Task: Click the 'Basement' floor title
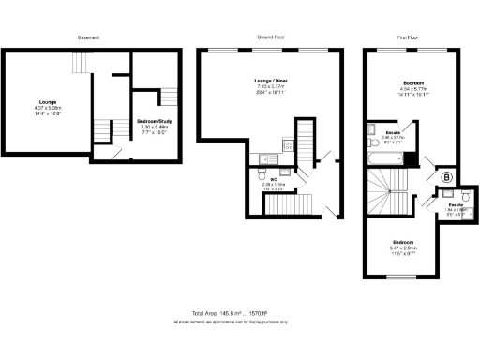coord(88,37)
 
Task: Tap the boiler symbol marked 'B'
coord(446,176)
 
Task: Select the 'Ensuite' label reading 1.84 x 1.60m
coord(456,205)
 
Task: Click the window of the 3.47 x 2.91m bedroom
coord(401,277)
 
